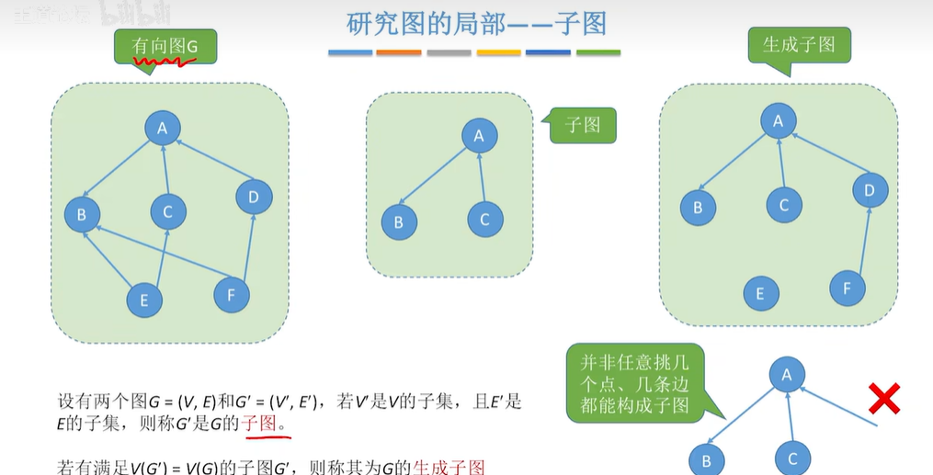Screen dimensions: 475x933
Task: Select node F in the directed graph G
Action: (232, 295)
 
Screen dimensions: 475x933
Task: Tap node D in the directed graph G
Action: (254, 196)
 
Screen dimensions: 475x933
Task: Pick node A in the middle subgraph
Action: (479, 136)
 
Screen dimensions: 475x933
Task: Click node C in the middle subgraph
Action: (484, 220)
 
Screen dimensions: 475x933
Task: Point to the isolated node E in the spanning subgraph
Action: (760, 293)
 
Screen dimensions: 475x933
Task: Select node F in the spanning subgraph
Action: (847, 288)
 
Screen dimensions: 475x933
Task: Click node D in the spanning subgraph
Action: (870, 190)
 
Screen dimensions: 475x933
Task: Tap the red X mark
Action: (883, 400)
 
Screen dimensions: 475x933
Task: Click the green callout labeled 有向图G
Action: (165, 45)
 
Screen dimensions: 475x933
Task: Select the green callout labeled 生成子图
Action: (799, 44)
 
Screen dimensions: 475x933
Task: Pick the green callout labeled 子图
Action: (583, 125)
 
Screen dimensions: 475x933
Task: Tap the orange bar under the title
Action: (399, 53)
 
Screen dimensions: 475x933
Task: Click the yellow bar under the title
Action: (498, 53)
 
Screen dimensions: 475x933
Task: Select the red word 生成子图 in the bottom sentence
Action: (449, 466)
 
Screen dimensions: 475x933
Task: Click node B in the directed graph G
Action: (81, 216)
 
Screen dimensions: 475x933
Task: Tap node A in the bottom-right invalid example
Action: (787, 373)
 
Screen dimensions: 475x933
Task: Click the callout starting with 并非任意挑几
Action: (634, 380)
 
